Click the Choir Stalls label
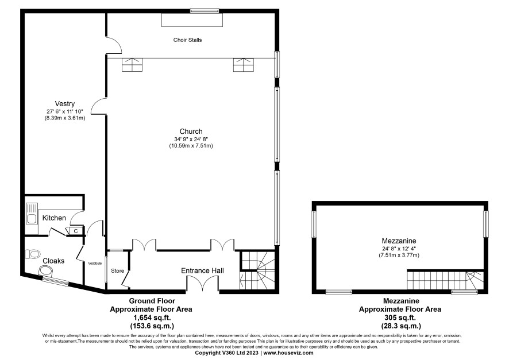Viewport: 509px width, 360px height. click(187, 40)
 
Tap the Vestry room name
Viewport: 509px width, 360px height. click(64, 104)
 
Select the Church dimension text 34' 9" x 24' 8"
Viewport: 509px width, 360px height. click(191, 139)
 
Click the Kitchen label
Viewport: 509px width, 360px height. click(54, 218)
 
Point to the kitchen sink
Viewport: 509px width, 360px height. click(32, 214)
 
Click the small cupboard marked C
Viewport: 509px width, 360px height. click(76, 231)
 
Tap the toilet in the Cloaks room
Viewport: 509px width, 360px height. click(32, 254)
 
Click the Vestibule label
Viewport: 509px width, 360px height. click(95, 264)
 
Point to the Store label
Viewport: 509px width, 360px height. click(118, 271)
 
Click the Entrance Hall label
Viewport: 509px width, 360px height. click(202, 271)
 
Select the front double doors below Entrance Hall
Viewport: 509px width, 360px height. click(203, 284)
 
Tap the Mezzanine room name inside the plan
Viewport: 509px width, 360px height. click(399, 241)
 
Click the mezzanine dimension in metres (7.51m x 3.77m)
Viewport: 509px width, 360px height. click(399, 256)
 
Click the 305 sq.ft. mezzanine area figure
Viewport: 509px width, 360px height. click(400, 318)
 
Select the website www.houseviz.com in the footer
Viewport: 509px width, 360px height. click(288, 353)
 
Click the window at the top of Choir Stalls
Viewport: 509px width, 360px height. click(205, 11)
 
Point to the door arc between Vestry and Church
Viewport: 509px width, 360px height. click(98, 106)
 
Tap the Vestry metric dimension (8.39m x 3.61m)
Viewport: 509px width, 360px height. click(64, 118)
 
